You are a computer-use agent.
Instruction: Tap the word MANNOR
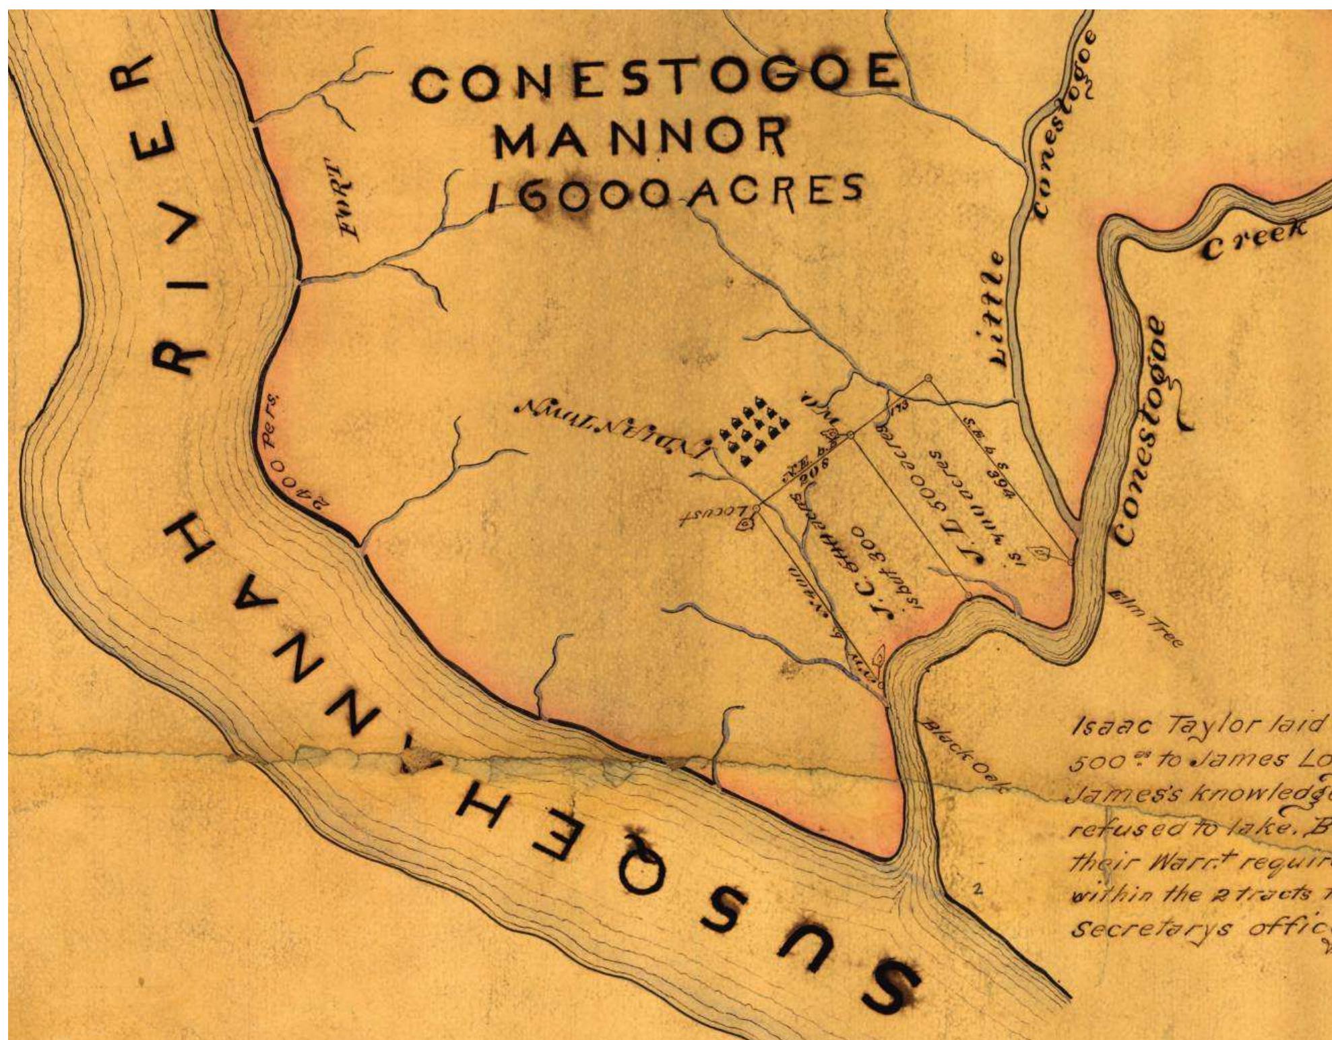coord(640,137)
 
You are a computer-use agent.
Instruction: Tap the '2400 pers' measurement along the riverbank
coord(296,465)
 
